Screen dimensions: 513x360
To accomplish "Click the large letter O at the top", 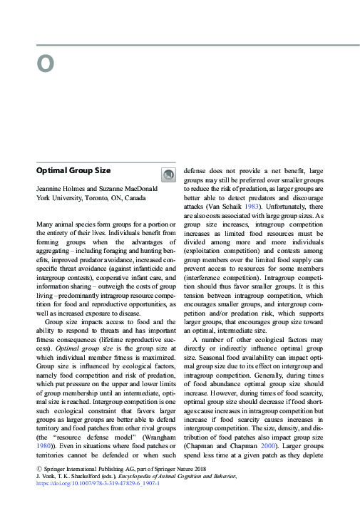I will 45,64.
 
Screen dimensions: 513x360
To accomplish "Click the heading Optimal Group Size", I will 73,171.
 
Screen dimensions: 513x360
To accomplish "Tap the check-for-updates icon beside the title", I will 168,175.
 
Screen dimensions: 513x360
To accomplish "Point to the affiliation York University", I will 60,197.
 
